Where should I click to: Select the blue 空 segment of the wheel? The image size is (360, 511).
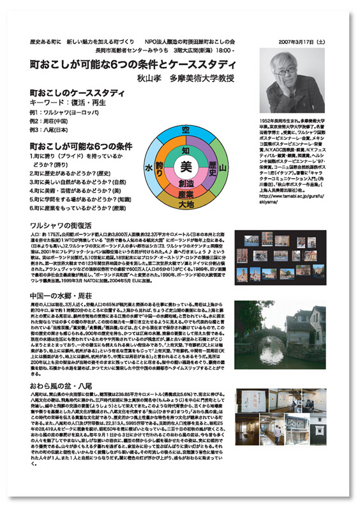(x=186, y=130)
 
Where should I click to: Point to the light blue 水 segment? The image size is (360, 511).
(x=150, y=168)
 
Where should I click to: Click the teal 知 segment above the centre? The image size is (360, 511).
(x=186, y=150)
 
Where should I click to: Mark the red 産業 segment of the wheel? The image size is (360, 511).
(x=186, y=193)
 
